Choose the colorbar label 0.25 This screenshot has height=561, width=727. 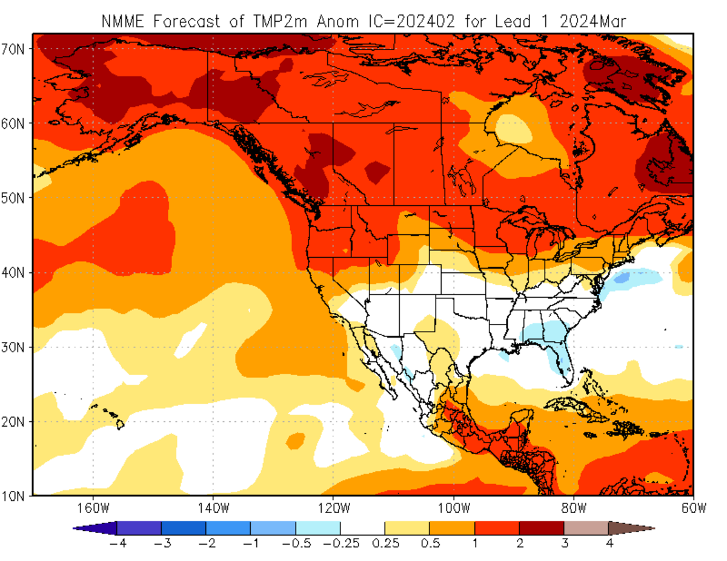(385, 543)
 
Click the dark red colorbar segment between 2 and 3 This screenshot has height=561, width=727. (541, 528)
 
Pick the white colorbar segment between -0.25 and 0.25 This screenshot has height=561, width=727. (362, 528)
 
